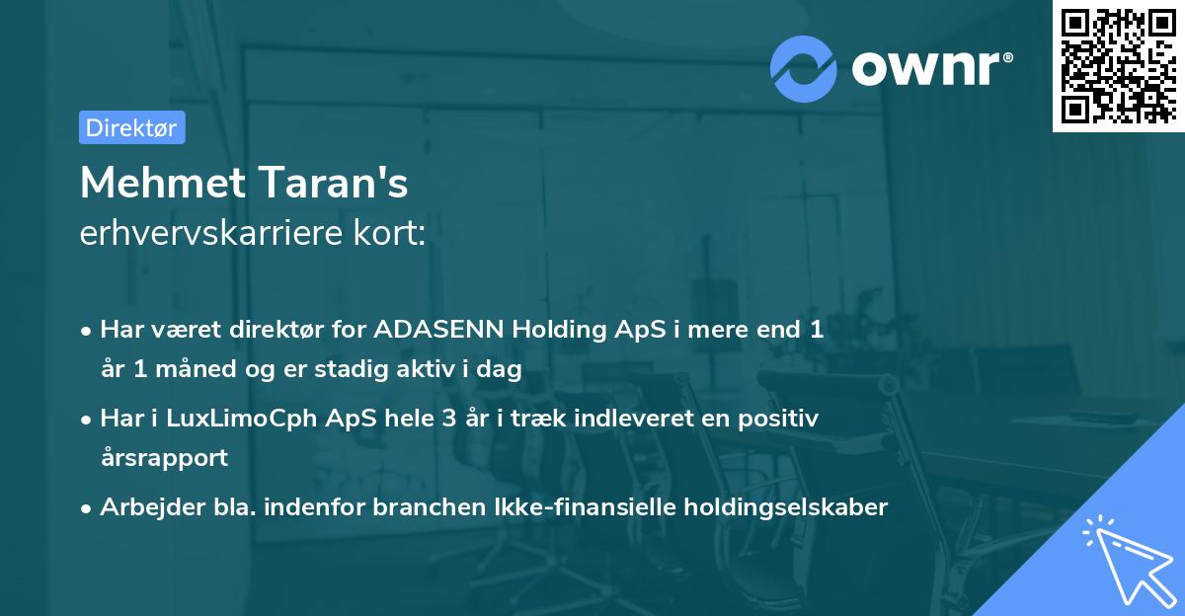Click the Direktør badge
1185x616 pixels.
point(131,127)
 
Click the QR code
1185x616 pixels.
point(1118,66)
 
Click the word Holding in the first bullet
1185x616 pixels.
point(555,330)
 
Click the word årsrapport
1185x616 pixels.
point(164,457)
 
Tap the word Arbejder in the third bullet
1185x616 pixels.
point(142,507)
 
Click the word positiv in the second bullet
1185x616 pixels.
point(782,419)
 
